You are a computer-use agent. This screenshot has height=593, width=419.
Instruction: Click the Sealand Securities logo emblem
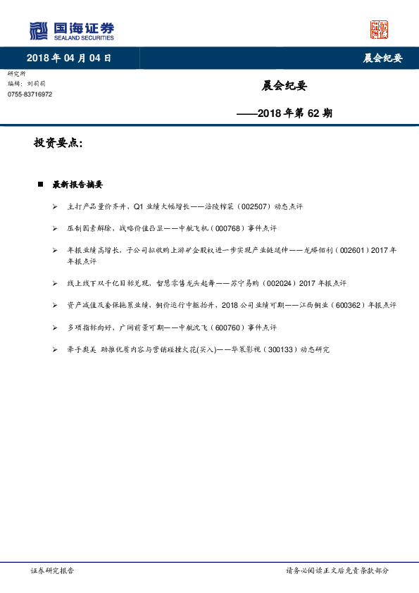39,30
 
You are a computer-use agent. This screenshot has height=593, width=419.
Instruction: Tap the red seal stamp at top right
380,30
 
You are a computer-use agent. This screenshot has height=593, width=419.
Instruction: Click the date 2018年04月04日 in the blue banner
69,58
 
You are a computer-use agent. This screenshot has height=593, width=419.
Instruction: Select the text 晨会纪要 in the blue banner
382,58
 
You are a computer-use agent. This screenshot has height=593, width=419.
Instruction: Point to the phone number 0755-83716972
30,94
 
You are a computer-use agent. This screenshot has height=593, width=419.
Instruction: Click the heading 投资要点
58,143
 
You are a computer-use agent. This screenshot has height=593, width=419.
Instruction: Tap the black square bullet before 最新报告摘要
41,185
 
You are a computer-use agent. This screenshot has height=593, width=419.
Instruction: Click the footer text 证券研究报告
53,570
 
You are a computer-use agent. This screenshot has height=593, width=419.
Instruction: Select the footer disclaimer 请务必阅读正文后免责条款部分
337,570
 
